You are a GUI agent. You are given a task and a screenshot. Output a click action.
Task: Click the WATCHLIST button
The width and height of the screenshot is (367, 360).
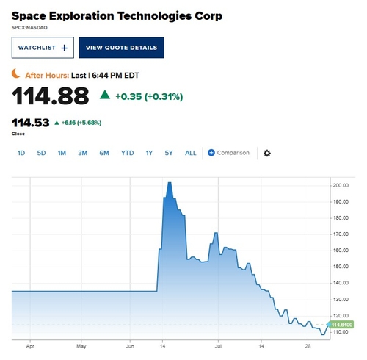click(43, 48)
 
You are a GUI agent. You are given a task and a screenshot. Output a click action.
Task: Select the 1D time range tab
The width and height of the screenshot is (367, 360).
click(21, 153)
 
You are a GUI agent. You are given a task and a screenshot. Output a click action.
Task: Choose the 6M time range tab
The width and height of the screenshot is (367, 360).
click(104, 153)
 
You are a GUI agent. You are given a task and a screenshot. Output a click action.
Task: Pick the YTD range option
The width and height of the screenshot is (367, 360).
click(127, 153)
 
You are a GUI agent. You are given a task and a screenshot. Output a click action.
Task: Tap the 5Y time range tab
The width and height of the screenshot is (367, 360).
click(169, 153)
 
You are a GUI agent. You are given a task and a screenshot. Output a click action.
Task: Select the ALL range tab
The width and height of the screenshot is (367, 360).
click(191, 153)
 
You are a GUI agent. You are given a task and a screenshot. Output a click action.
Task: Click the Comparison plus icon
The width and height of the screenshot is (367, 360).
click(211, 153)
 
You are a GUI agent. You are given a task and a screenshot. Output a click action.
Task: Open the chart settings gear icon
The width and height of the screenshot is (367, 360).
click(267, 153)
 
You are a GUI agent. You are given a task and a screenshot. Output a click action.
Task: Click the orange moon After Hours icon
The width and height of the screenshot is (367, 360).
click(15, 73)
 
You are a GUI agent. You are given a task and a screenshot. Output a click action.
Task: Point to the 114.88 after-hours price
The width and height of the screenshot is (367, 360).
click(50, 96)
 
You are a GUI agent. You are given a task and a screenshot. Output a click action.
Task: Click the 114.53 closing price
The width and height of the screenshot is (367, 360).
click(31, 123)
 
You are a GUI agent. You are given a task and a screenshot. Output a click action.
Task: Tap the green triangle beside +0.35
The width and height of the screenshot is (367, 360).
click(105, 95)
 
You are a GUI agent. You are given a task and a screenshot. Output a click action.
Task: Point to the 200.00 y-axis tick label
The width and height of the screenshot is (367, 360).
click(341, 186)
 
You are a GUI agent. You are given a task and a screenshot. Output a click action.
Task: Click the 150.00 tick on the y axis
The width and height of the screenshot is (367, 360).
click(341, 267)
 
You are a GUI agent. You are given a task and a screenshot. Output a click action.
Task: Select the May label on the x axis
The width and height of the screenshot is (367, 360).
click(81, 346)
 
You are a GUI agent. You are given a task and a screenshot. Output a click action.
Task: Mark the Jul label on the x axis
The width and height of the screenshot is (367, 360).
click(218, 346)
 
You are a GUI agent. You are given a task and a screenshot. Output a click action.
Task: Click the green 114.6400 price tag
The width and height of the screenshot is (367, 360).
click(341, 325)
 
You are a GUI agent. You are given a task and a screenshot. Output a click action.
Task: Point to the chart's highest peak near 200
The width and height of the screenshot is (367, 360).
click(170, 183)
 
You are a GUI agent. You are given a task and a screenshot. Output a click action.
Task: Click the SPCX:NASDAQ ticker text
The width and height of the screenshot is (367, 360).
click(29, 28)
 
